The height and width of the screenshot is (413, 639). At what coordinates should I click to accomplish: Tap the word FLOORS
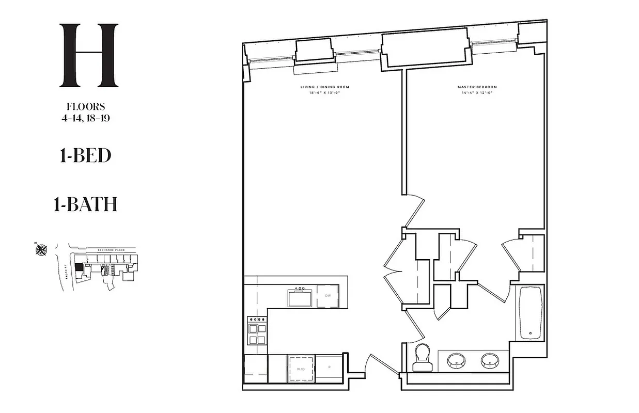(86, 107)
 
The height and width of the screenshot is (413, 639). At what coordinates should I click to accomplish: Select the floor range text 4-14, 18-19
(86, 118)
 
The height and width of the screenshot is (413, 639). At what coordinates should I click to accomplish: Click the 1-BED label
(86, 155)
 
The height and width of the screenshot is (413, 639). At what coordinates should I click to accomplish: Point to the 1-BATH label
(85, 204)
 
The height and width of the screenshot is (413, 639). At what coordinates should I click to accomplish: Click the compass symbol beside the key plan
(41, 250)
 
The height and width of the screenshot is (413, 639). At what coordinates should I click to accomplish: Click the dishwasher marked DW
(328, 296)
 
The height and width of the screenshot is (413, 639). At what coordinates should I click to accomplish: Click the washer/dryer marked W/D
(301, 369)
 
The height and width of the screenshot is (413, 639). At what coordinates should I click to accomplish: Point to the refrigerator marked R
(330, 368)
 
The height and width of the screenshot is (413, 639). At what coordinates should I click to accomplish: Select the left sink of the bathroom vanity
(456, 360)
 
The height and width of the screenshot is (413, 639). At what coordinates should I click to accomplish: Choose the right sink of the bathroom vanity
(490, 360)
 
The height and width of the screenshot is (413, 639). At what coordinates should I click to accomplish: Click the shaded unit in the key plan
(79, 268)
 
